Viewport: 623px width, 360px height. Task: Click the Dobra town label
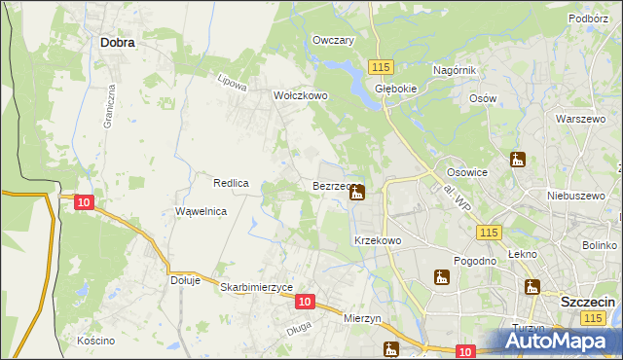point(117,43)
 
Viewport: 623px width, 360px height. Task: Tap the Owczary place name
point(333,40)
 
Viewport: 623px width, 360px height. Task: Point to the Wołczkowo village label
point(301,96)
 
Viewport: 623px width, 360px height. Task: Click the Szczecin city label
point(588,303)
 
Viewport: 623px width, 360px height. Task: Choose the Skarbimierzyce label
point(257,287)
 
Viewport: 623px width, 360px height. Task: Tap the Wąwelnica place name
point(201,211)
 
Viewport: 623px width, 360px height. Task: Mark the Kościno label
point(96,341)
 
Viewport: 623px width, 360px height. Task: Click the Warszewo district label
point(574,119)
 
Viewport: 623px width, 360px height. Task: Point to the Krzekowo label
point(378,240)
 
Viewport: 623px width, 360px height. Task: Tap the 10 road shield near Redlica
point(84,201)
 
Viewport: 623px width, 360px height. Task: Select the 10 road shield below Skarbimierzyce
point(305,303)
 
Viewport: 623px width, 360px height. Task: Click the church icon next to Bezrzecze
point(357,193)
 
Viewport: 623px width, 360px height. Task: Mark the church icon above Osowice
point(517,160)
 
